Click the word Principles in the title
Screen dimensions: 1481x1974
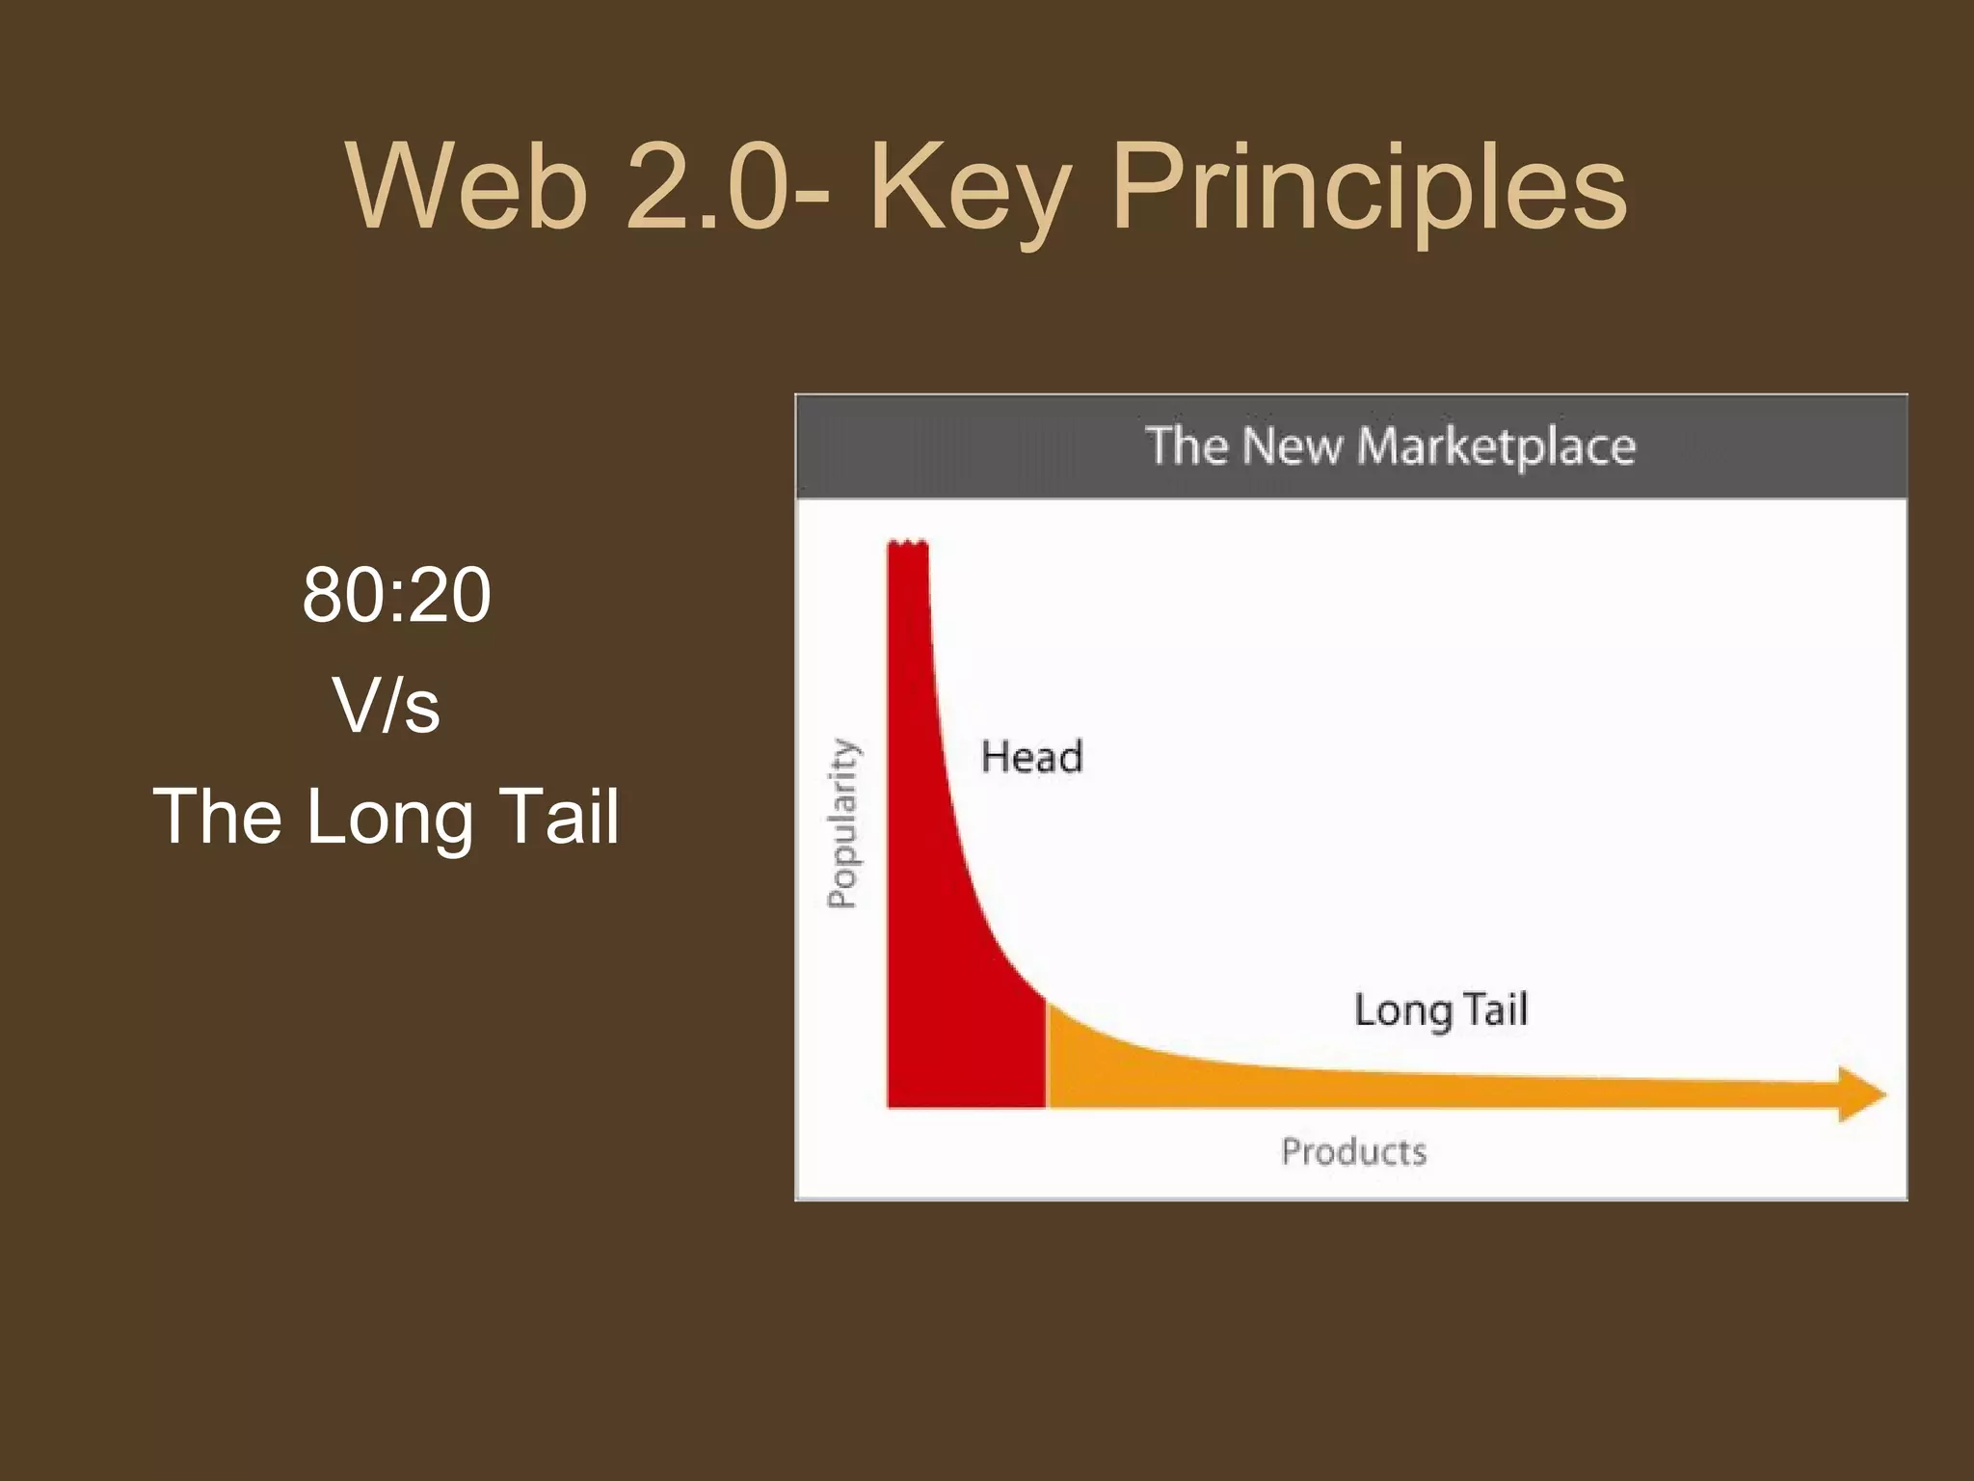click(x=1369, y=188)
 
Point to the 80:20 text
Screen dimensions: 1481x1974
click(x=396, y=595)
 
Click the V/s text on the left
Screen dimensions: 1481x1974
click(x=387, y=706)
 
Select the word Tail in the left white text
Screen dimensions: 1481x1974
click(x=561, y=817)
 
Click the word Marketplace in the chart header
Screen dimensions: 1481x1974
click(x=1496, y=447)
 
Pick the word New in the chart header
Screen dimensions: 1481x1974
click(x=1292, y=446)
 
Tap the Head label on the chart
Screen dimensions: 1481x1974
click(x=1031, y=757)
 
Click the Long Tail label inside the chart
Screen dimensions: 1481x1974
click(x=1441, y=1010)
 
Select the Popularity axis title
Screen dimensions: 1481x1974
click(x=842, y=822)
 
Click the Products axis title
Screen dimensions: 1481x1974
click(x=1353, y=1151)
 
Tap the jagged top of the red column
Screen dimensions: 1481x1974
click(x=907, y=546)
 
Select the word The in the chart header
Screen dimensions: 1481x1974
click(x=1187, y=446)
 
